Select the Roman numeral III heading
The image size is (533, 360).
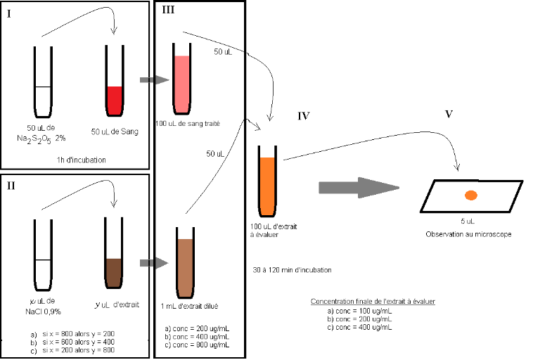tap(169, 10)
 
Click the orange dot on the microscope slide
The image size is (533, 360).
tap(471, 195)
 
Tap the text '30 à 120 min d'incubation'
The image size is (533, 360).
tap(291, 269)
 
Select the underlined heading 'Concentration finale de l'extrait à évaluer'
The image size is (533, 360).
tap(373, 301)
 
